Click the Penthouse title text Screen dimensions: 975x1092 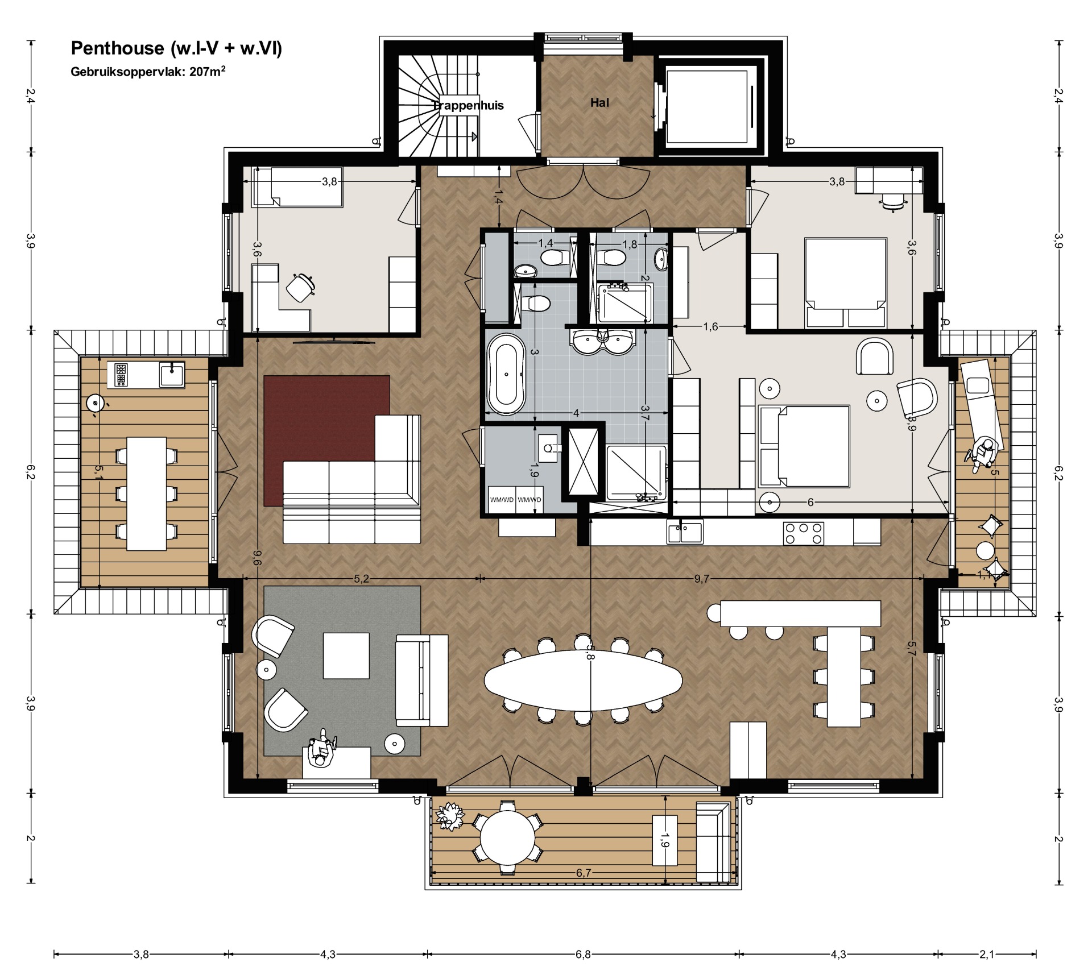[x=176, y=49]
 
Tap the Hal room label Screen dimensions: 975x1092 [x=599, y=103]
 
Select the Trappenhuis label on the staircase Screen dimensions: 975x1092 [x=468, y=106]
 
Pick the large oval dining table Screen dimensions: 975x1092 [x=583, y=681]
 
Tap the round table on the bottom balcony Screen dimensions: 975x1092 [x=507, y=837]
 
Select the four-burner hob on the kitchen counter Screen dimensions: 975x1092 [x=803, y=534]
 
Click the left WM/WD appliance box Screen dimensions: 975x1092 [x=502, y=500]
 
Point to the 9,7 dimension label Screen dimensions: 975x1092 [x=702, y=579]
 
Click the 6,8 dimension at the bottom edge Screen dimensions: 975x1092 [x=583, y=955]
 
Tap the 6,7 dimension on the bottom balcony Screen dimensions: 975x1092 [x=583, y=873]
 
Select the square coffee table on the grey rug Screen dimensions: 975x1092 [x=346, y=655]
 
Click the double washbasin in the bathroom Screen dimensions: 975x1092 [x=601, y=342]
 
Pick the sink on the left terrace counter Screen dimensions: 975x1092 [x=172, y=375]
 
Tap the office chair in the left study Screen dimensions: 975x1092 [x=300, y=287]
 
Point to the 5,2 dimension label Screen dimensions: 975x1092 [x=362, y=579]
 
